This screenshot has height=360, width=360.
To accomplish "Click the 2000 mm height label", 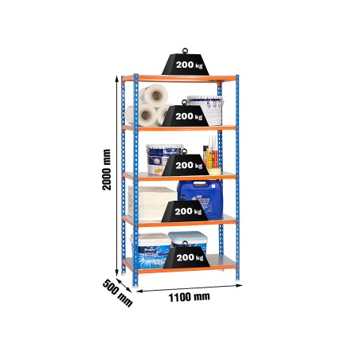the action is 107,170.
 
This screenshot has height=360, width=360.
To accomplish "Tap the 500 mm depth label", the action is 118,293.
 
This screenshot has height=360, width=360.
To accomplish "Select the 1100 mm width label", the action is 190,297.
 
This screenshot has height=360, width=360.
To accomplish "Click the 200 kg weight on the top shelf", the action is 186,62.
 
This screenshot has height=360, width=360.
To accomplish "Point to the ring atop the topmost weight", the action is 185,51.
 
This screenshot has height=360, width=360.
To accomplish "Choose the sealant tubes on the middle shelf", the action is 211,153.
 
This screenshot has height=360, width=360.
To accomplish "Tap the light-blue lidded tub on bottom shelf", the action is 188,241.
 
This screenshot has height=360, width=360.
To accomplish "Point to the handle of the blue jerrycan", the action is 200,183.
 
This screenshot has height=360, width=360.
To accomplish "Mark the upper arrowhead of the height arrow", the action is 116,78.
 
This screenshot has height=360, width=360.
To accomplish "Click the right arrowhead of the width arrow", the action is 240,285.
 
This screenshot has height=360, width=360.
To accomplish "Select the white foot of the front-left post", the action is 135,287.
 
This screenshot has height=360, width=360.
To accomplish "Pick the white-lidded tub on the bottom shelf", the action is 151,247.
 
